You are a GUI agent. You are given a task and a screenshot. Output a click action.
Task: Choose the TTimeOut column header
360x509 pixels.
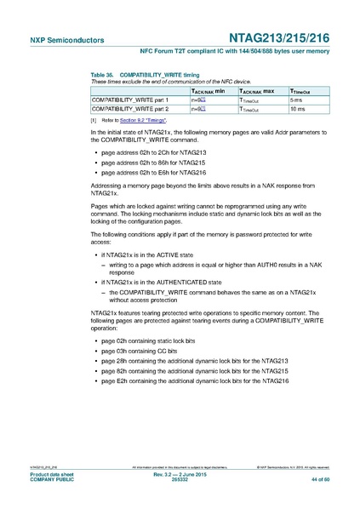click(304, 90)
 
